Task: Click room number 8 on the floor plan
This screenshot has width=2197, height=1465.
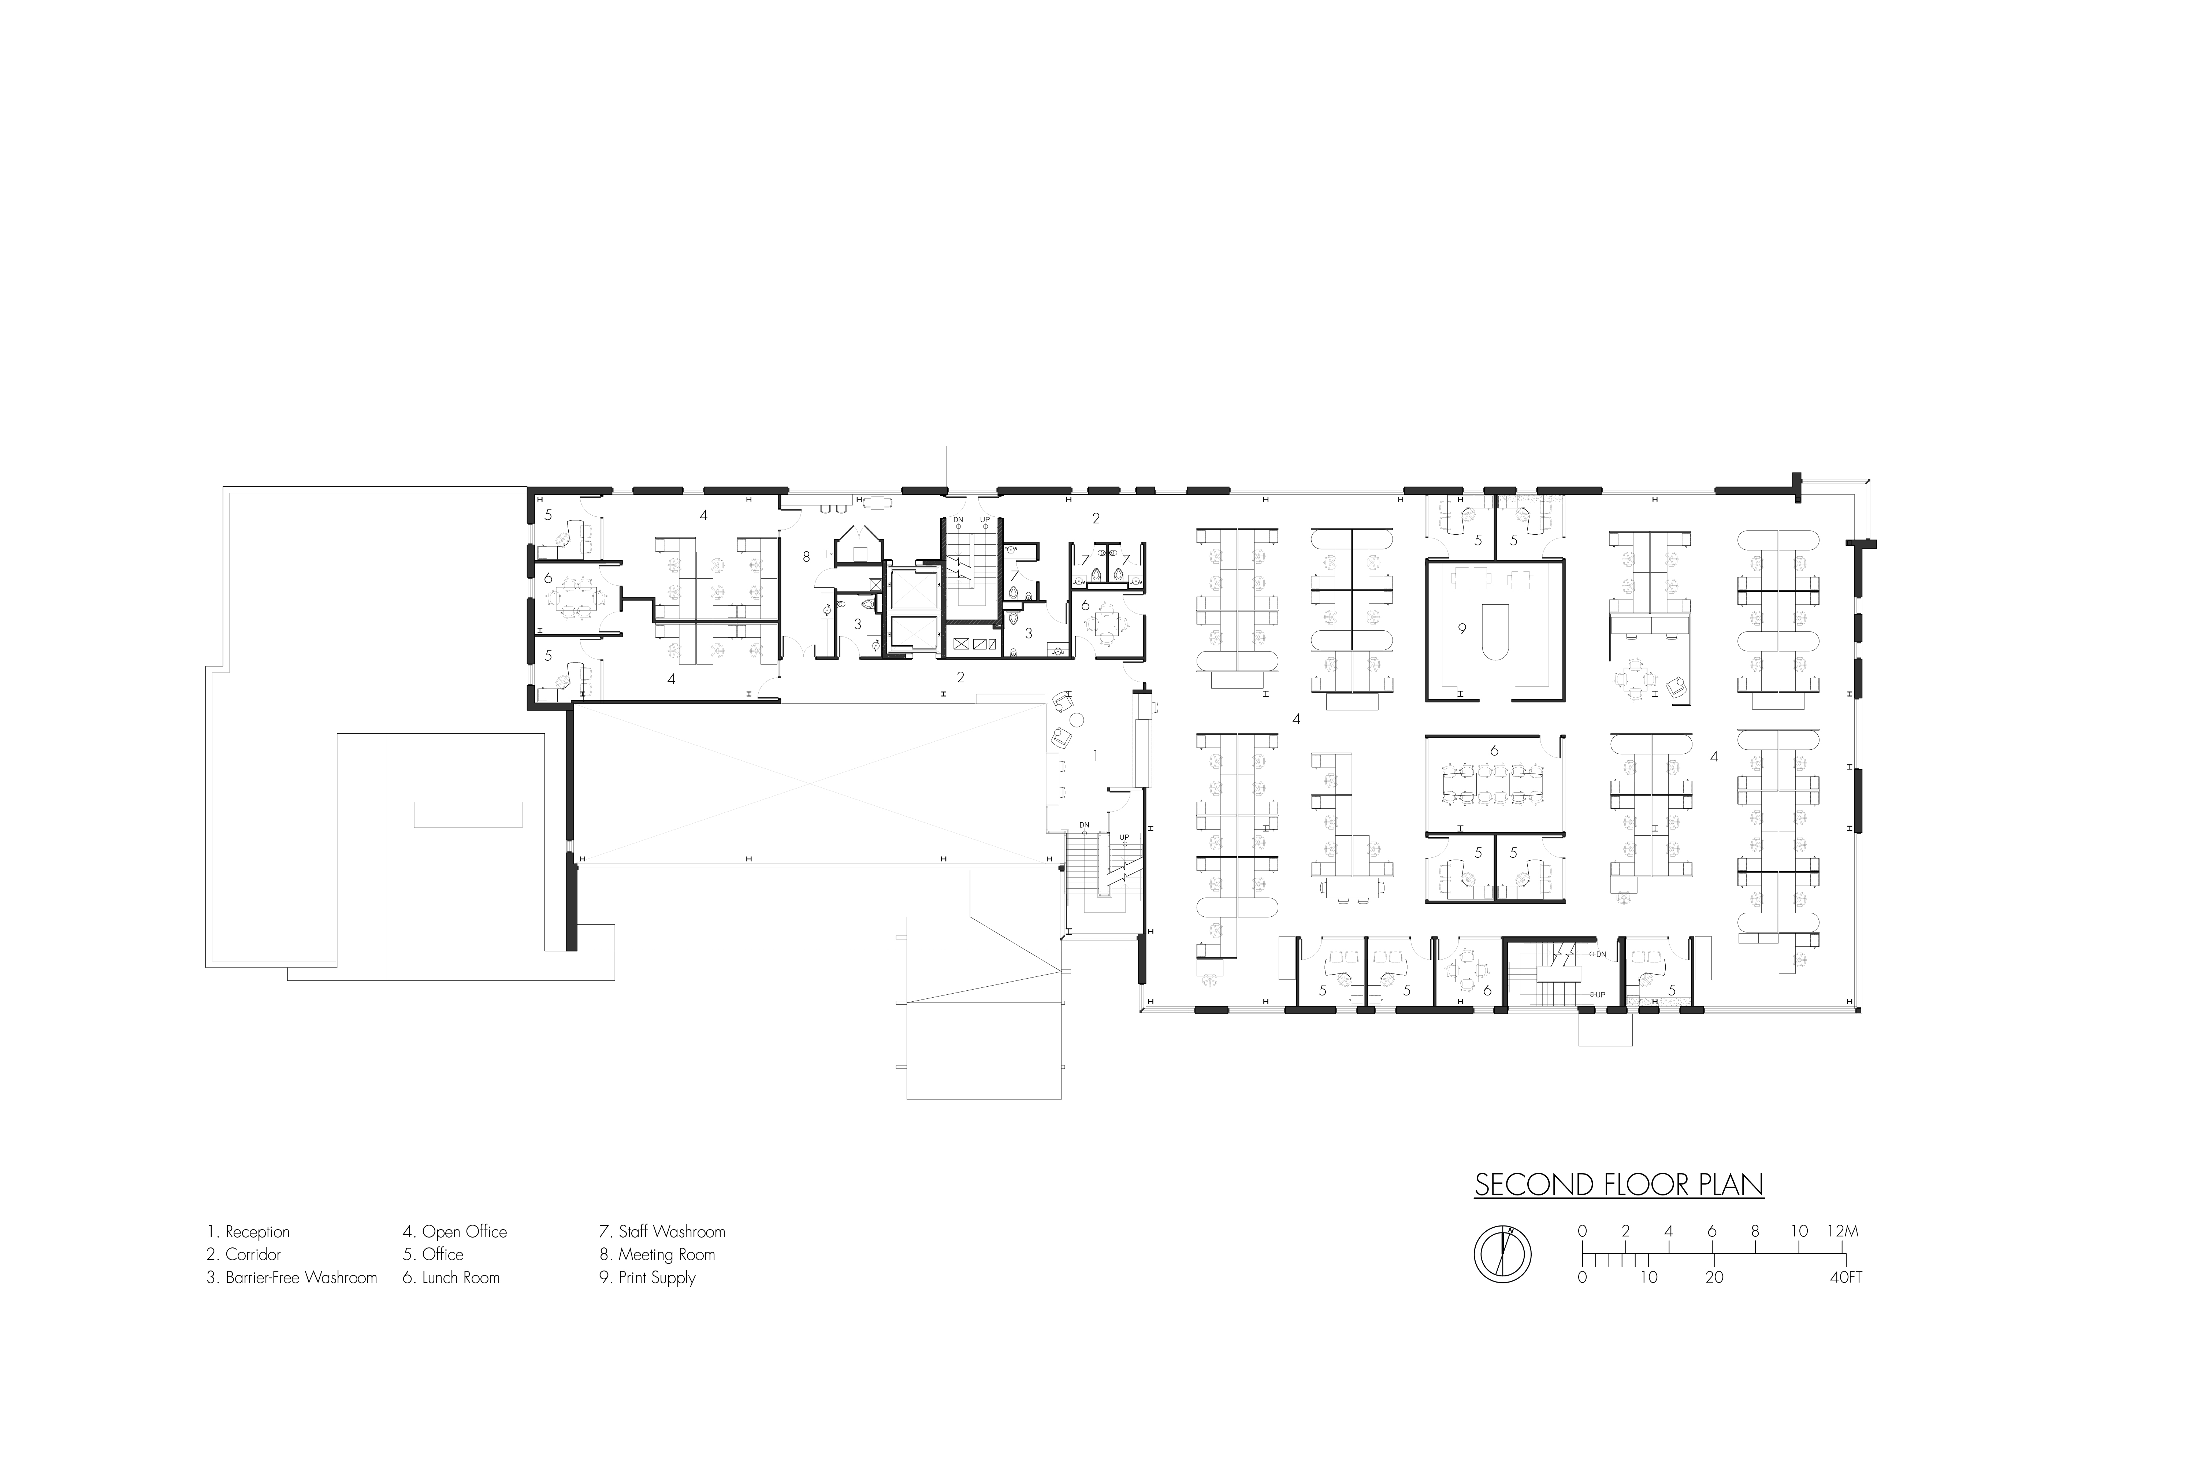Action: point(806,557)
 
